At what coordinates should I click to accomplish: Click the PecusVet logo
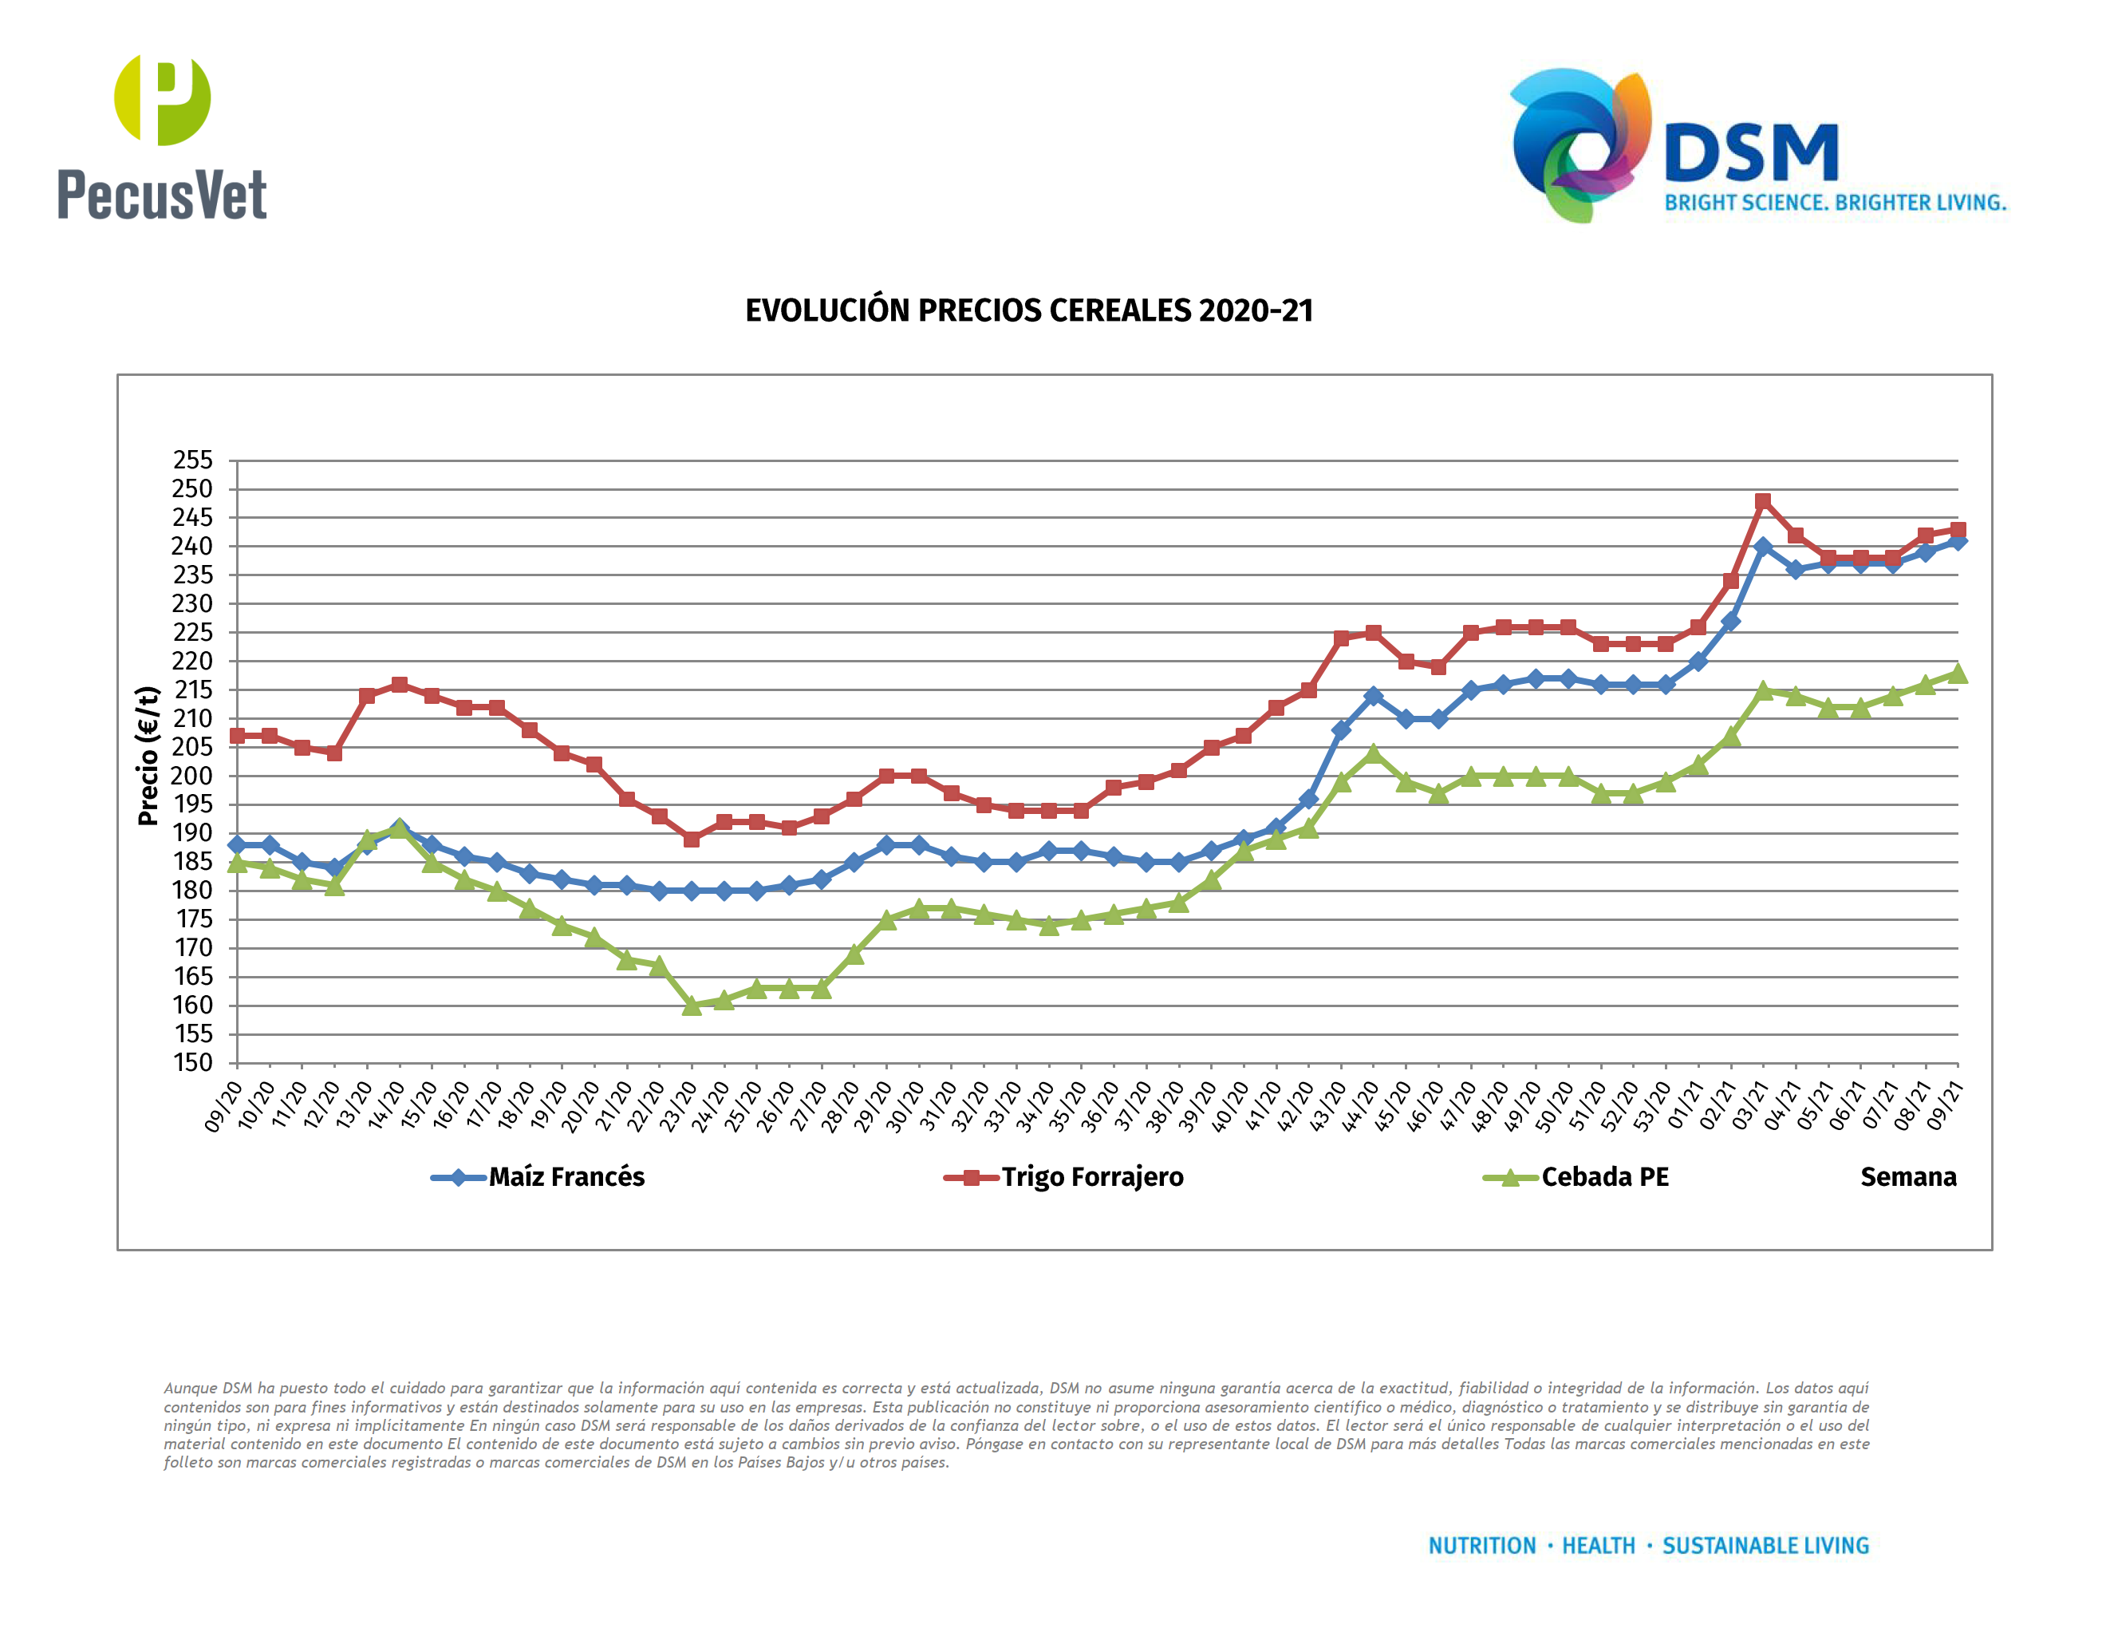(x=162, y=138)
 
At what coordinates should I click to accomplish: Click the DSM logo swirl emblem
(x=1579, y=144)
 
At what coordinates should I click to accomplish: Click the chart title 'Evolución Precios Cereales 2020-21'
(x=1029, y=310)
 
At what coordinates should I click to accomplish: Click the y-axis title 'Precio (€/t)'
(x=148, y=756)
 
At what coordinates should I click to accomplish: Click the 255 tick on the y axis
(x=193, y=460)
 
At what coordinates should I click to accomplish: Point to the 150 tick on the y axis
(x=193, y=1063)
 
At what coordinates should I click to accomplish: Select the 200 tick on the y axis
(x=193, y=776)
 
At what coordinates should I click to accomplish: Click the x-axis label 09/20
(x=223, y=1106)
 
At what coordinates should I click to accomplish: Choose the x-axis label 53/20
(x=1653, y=1106)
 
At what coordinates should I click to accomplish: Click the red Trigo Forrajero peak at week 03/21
(x=1763, y=501)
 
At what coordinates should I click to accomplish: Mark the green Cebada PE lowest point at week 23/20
(x=692, y=1006)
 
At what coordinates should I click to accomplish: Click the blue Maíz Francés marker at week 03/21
(x=1763, y=547)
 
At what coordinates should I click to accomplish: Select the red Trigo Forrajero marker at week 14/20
(x=399, y=685)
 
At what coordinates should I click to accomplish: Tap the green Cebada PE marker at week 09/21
(x=1958, y=674)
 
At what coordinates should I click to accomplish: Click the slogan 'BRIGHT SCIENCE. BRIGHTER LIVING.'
(x=1835, y=203)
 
